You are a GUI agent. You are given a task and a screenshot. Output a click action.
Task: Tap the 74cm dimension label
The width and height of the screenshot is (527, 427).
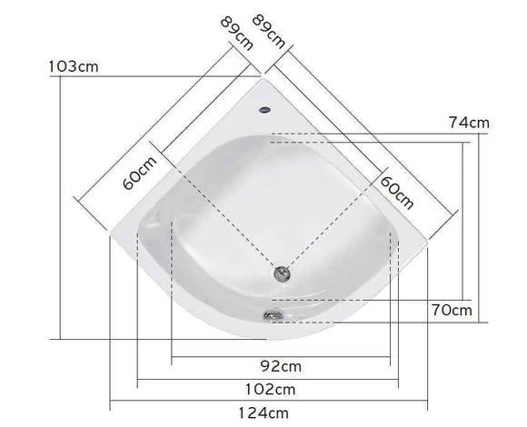tap(470, 123)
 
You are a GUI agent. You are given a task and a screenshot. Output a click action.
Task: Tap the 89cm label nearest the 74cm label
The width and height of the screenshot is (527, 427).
tap(270, 31)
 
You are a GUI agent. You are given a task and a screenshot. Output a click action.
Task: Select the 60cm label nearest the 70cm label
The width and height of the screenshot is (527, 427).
tap(397, 188)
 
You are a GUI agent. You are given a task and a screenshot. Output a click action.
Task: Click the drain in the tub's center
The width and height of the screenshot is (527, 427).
tap(281, 272)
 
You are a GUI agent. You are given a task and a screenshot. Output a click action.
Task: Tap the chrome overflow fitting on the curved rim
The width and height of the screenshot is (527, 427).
tap(271, 314)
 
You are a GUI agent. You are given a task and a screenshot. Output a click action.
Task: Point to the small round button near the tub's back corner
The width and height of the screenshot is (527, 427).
tap(264, 106)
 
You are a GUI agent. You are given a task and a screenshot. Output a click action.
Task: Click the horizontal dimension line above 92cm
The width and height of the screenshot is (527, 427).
tap(281, 355)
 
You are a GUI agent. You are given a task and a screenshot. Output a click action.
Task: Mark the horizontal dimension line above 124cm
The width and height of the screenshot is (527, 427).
tap(270, 401)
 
